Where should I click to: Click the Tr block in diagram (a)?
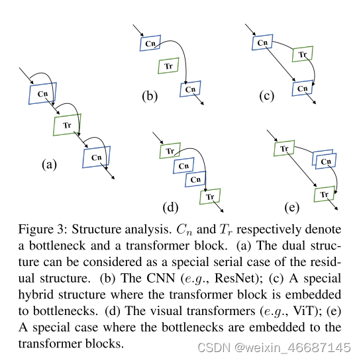click(66, 124)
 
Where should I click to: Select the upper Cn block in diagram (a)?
click(43, 93)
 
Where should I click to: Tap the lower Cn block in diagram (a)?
click(97, 157)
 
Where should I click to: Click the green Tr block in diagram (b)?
click(168, 66)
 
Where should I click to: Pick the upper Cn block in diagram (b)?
click(151, 43)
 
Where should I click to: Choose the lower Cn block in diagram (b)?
click(190, 89)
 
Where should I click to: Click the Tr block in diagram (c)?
click(302, 56)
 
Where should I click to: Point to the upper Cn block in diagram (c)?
click(262, 43)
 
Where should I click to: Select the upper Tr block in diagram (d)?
click(170, 150)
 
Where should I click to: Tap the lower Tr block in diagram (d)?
click(210, 197)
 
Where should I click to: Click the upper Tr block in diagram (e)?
click(284, 149)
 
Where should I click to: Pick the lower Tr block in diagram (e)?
click(324, 195)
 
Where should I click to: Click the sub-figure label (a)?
click(48, 165)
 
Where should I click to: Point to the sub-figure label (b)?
click(150, 97)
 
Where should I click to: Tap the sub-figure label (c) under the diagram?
click(266, 97)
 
